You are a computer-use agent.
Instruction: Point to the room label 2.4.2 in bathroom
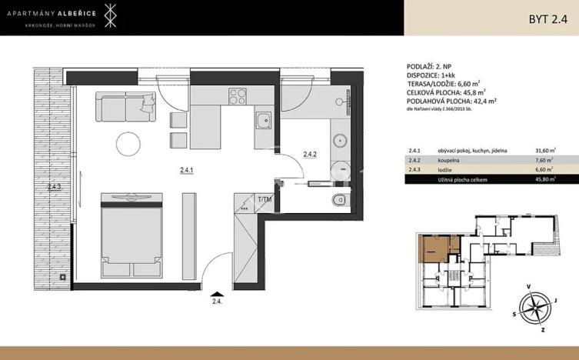point(310,154)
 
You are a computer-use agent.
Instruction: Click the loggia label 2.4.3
point(54,186)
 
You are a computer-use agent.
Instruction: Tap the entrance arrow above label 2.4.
point(218,292)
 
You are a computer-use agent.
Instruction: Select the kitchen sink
point(263,121)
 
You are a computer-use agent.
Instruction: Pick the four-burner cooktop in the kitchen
point(238,98)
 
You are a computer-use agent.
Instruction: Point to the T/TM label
point(265,201)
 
